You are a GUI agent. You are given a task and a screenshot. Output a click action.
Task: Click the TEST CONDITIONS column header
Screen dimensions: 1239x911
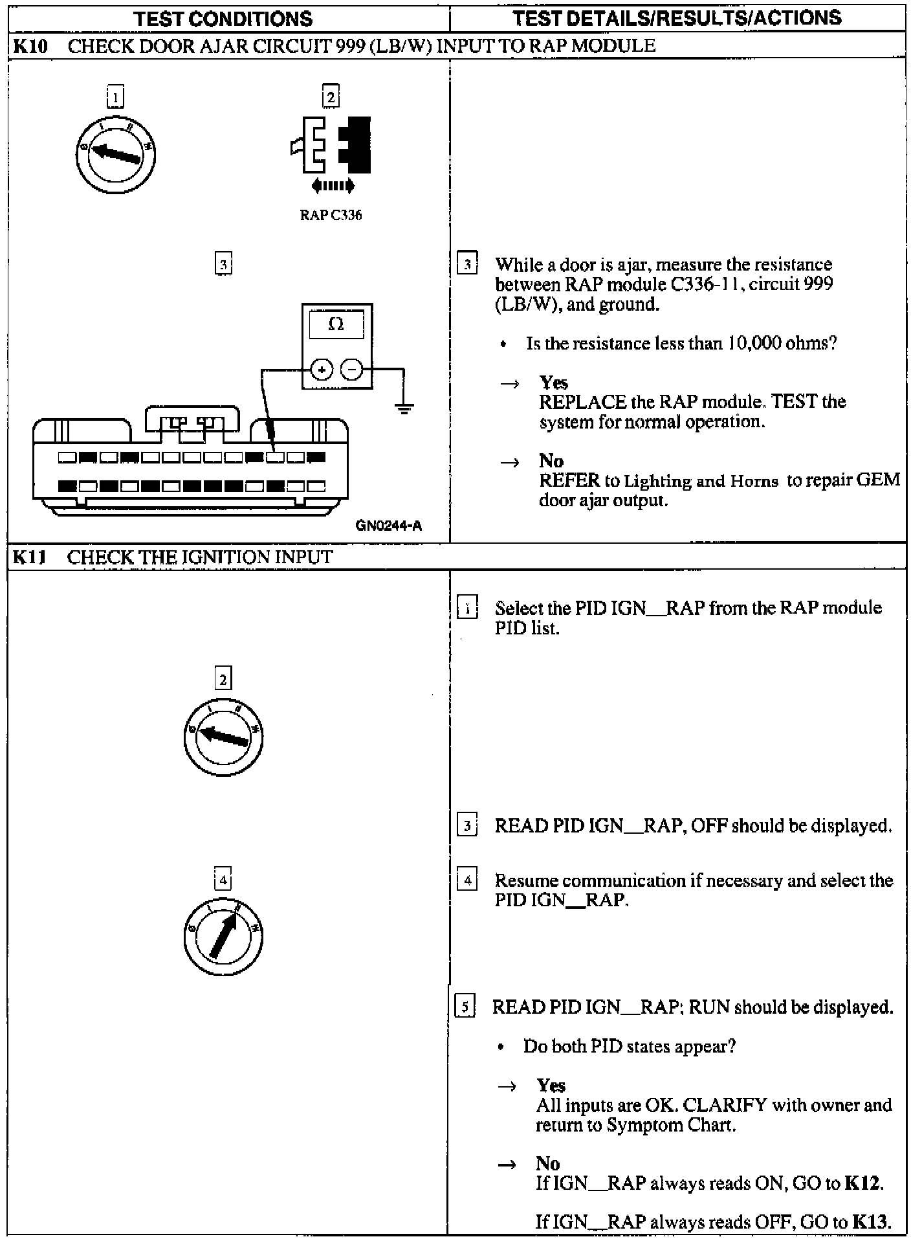click(x=223, y=19)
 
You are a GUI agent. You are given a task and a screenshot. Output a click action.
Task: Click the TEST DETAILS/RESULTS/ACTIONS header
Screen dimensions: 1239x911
click(x=677, y=18)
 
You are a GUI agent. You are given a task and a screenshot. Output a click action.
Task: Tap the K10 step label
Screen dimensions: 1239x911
click(x=30, y=46)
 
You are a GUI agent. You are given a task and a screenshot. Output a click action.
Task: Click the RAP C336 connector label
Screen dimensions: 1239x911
click(x=331, y=216)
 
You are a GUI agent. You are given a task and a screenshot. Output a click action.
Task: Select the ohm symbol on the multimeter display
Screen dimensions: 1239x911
click(x=336, y=324)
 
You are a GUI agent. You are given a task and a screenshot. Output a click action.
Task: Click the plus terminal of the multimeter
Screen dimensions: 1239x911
click(x=322, y=370)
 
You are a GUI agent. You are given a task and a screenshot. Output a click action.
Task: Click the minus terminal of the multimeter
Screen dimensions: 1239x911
click(x=352, y=370)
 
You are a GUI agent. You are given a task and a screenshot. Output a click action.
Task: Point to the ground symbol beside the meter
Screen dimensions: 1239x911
click(x=404, y=407)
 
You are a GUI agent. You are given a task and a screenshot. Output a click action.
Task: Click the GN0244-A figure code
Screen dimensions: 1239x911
click(x=388, y=526)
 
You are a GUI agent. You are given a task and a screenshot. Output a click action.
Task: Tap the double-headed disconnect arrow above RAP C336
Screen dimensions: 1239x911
click(x=333, y=186)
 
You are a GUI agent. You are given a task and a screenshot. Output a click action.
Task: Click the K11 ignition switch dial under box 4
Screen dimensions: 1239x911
click(x=223, y=936)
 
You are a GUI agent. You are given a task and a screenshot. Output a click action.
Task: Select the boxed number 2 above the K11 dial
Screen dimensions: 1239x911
click(x=223, y=679)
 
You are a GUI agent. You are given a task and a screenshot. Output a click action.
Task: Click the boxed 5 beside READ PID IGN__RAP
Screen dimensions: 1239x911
click(x=465, y=1007)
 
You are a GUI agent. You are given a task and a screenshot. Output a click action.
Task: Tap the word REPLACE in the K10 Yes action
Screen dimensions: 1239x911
click(x=582, y=402)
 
